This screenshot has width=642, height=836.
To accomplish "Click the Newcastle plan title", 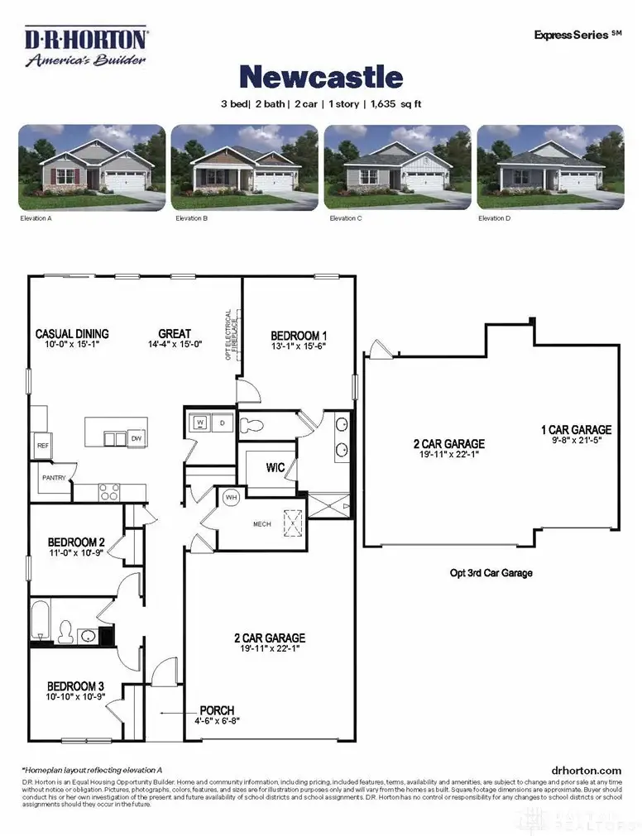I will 321,78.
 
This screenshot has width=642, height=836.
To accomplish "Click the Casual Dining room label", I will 72,334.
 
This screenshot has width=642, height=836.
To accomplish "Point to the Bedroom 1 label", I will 299,336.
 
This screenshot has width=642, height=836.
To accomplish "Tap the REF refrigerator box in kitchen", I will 42,445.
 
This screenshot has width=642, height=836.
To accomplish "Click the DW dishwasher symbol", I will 137,437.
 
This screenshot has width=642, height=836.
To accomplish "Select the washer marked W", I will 200,423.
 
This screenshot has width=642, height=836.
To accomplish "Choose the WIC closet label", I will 275,467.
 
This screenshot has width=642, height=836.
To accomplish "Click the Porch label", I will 216,710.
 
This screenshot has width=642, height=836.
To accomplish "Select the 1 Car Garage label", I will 576,430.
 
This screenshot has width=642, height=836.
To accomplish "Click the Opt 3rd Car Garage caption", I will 491,572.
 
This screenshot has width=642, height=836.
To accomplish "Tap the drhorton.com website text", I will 585,770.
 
